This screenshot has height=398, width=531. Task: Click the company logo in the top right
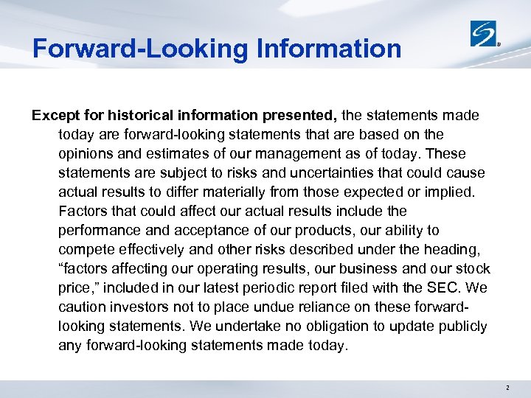click(x=484, y=33)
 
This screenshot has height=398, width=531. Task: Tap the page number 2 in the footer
click(x=508, y=387)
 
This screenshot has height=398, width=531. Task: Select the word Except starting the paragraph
click(x=55, y=116)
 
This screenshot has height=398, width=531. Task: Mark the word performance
click(x=100, y=230)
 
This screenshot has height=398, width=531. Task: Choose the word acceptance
click(x=209, y=230)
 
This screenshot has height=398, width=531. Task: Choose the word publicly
click(x=460, y=326)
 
